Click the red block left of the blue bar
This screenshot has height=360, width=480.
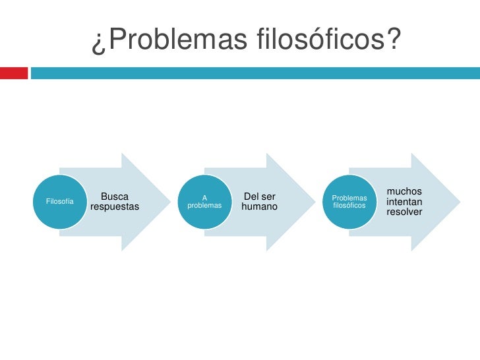(x=14, y=73)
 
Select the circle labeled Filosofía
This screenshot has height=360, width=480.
(x=58, y=201)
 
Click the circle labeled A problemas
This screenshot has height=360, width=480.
(x=204, y=201)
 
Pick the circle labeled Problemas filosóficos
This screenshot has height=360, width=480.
(x=349, y=201)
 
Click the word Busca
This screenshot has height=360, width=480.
(x=115, y=196)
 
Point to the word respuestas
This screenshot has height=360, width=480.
(x=115, y=207)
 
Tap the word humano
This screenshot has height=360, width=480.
(x=260, y=207)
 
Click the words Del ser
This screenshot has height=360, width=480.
(x=260, y=196)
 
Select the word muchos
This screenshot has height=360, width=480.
(x=404, y=191)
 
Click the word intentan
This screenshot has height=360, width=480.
(x=405, y=201)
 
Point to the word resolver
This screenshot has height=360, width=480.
(x=404, y=212)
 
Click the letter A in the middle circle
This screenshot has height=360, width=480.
(x=204, y=197)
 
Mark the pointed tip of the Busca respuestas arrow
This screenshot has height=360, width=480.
(x=169, y=202)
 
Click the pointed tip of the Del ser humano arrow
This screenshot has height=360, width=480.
(x=315, y=202)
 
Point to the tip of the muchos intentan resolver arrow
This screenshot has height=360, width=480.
(x=460, y=202)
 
